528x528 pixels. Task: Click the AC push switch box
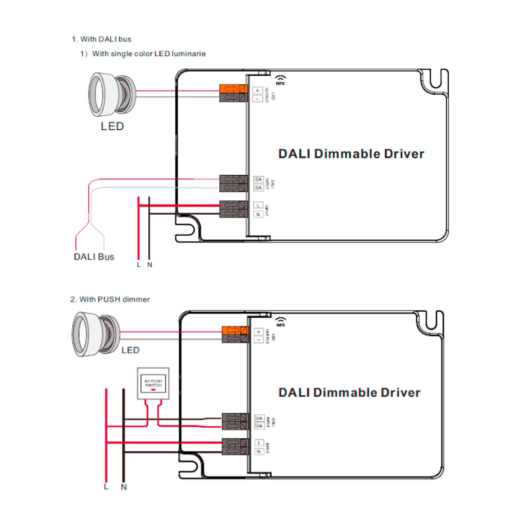(x=153, y=383)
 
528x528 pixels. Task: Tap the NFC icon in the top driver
(x=280, y=80)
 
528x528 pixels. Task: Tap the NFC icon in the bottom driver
(x=281, y=322)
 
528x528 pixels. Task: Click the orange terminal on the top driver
(x=233, y=89)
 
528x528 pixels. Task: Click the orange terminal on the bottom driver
(x=235, y=331)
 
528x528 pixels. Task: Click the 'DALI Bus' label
(x=94, y=257)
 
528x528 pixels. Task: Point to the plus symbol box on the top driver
(x=257, y=91)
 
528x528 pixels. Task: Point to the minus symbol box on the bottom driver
(x=258, y=340)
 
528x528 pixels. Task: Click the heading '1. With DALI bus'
(x=101, y=39)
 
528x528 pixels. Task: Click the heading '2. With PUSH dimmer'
(x=110, y=300)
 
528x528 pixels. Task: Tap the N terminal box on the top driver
(x=258, y=215)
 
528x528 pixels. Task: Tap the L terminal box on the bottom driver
(x=259, y=442)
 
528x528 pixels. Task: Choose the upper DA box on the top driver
(x=258, y=180)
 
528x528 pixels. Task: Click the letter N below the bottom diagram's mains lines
(x=124, y=487)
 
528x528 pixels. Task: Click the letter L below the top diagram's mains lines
(x=139, y=265)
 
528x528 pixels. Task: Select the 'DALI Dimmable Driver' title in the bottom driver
(x=349, y=393)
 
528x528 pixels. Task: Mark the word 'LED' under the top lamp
(x=112, y=126)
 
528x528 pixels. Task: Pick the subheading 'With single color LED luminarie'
(x=149, y=54)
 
